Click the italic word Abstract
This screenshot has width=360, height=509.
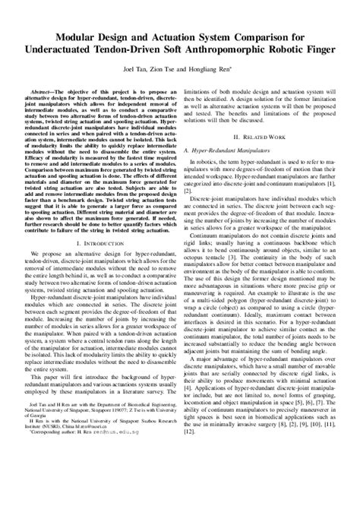point(42,90)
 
